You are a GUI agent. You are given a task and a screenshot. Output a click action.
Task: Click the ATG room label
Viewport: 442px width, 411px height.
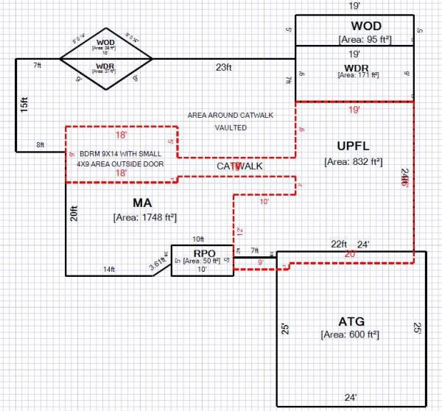(350, 321)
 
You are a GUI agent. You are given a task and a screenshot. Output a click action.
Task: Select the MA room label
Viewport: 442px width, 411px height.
(143, 203)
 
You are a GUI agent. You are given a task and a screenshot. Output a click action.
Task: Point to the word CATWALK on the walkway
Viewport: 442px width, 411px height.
(239, 166)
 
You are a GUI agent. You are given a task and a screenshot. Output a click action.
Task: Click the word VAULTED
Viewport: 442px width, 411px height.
(231, 127)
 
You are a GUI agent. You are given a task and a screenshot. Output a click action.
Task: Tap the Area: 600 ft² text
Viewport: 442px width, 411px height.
(350, 334)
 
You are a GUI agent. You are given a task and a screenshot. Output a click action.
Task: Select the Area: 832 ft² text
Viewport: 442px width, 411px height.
(350, 161)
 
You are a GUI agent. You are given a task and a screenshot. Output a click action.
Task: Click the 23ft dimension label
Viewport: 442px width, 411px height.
(224, 67)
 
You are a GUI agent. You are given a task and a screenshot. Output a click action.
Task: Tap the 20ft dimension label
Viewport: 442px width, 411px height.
(74, 214)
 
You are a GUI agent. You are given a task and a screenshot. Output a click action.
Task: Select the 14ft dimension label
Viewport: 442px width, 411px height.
(108, 270)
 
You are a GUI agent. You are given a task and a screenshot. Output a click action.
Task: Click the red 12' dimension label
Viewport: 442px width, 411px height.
(239, 231)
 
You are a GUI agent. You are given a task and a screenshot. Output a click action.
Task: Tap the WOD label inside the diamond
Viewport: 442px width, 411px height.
(105, 43)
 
